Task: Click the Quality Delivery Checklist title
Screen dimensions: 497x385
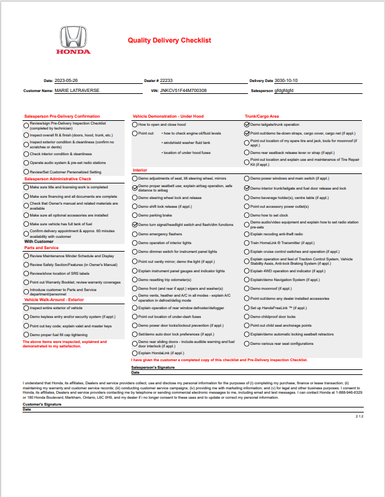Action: coord(170,40)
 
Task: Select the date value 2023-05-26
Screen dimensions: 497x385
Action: coord(67,81)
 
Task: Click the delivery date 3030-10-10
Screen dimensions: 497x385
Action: coord(287,81)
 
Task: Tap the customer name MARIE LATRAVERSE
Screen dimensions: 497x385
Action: coord(77,91)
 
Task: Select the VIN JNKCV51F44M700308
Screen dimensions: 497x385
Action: coord(183,91)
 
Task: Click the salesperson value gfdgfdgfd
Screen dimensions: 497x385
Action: coord(288,91)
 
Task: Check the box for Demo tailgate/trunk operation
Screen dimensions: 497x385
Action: coord(247,125)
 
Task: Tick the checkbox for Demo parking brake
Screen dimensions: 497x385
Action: coord(135,215)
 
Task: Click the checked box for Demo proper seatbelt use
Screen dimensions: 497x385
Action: coord(135,188)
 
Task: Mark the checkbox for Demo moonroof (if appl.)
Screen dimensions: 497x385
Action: coord(247,290)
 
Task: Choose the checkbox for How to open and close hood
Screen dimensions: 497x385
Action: coord(135,125)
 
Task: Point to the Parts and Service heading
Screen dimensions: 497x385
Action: coord(42,248)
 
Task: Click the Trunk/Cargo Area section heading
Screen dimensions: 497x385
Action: coord(262,116)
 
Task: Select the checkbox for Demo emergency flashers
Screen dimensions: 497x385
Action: coord(135,233)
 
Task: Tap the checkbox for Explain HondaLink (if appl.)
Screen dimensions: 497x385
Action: coord(135,353)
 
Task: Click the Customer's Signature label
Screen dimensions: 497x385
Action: coord(41,405)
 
